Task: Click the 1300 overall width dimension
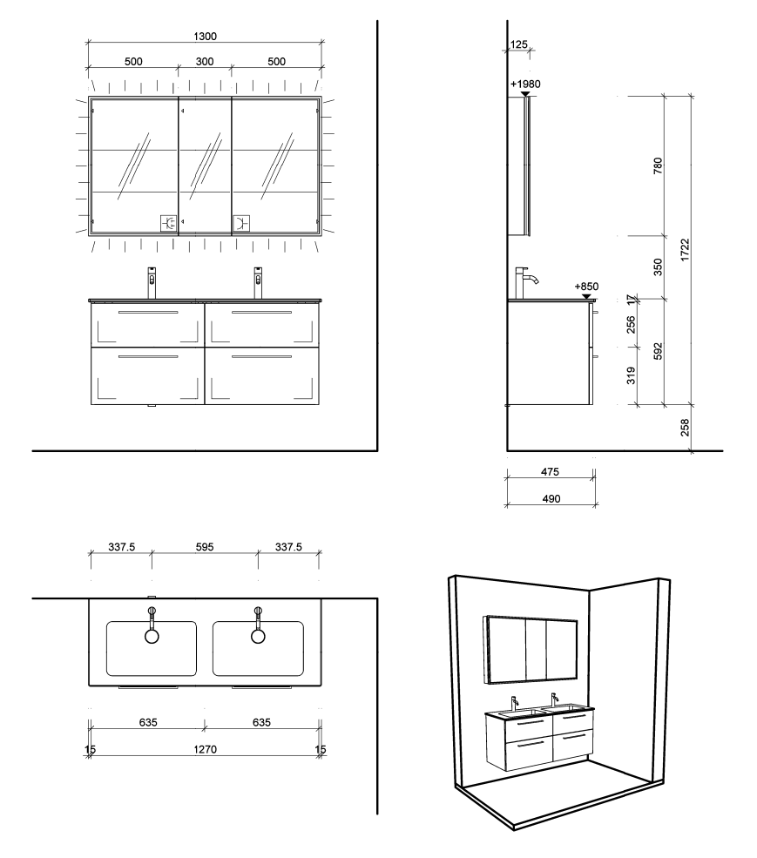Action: [206, 36]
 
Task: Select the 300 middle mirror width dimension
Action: [205, 61]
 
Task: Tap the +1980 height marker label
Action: [525, 84]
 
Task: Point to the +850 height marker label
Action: [586, 287]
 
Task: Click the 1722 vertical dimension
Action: [685, 249]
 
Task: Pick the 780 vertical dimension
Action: [658, 166]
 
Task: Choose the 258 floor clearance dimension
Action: [685, 428]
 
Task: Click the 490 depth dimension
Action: [551, 498]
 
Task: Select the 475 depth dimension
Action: [550, 471]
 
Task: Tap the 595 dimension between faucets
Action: [205, 547]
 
